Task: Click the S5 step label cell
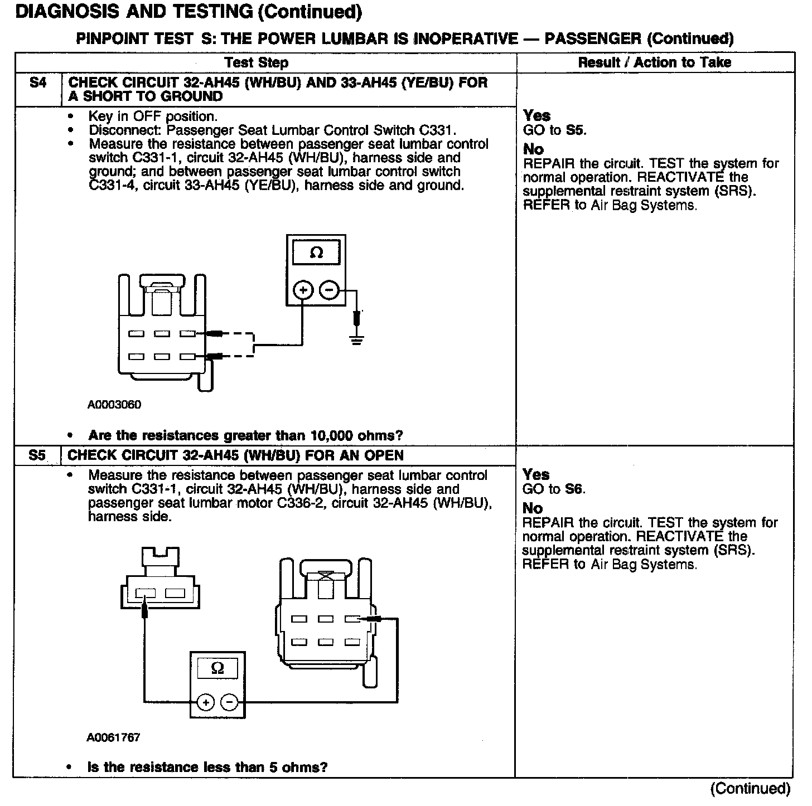(x=37, y=455)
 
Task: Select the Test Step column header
(x=257, y=62)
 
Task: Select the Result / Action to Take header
(x=654, y=62)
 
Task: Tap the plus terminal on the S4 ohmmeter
(x=303, y=290)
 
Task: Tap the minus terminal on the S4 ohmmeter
(x=329, y=290)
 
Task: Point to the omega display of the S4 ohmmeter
(x=316, y=253)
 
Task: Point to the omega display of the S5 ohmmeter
(x=218, y=668)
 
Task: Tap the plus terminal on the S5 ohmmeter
(x=205, y=702)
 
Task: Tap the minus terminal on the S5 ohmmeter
(x=230, y=702)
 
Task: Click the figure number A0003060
(x=114, y=405)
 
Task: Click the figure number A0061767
(x=113, y=737)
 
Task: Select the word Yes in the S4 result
(x=536, y=116)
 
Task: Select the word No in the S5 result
(x=533, y=508)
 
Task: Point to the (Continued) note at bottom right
(x=750, y=789)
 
